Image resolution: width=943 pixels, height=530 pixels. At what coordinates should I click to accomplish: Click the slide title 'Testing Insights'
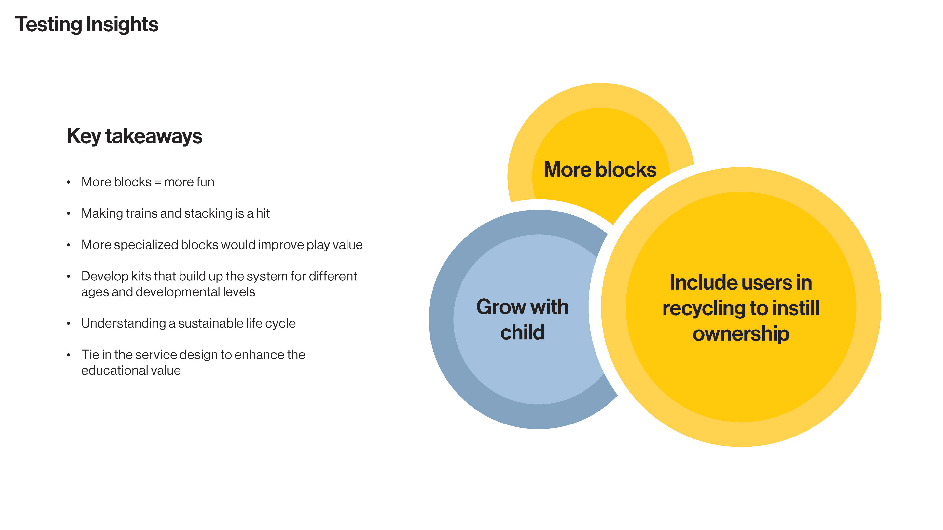[x=86, y=25]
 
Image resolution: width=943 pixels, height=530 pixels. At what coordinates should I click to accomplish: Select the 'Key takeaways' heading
[x=134, y=136]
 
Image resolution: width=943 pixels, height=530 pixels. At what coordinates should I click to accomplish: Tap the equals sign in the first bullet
[x=158, y=182]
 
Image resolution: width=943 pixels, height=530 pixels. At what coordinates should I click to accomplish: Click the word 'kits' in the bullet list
[x=141, y=276]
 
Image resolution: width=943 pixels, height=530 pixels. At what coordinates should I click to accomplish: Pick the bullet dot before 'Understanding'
[x=69, y=323]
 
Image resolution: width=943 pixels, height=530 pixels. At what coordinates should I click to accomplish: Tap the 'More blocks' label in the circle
[x=600, y=170]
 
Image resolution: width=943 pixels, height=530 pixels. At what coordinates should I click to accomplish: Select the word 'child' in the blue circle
[x=522, y=332]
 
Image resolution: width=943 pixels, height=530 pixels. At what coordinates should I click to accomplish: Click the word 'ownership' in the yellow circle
[x=741, y=334]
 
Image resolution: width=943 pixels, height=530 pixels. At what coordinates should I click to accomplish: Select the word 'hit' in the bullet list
[x=263, y=213]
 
